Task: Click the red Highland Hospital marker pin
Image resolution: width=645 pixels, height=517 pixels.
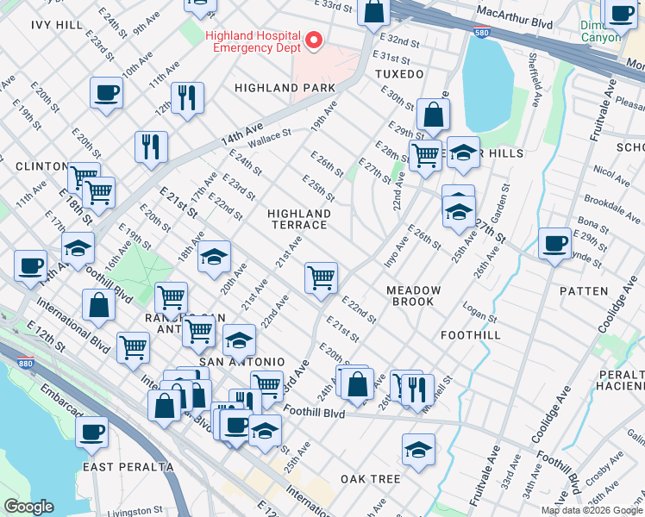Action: pyautogui.click(x=314, y=40)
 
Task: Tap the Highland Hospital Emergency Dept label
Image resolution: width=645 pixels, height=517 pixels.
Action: pyautogui.click(x=253, y=41)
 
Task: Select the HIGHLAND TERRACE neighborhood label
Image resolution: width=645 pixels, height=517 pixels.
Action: pyautogui.click(x=298, y=219)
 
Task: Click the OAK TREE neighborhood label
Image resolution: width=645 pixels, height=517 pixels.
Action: pyautogui.click(x=370, y=478)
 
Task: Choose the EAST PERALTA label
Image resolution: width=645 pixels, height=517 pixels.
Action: pyautogui.click(x=128, y=466)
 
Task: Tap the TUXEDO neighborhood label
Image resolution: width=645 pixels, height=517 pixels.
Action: pyautogui.click(x=399, y=75)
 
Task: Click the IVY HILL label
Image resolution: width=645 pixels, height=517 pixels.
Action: pyautogui.click(x=57, y=24)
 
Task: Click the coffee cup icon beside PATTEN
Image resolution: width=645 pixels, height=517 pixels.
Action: pyautogui.click(x=554, y=242)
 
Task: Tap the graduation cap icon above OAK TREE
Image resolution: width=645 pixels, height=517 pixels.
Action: pyautogui.click(x=418, y=449)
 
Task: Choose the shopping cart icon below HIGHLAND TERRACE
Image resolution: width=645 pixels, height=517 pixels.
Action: pyautogui.click(x=321, y=277)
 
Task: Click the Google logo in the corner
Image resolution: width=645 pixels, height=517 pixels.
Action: pyautogui.click(x=28, y=507)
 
